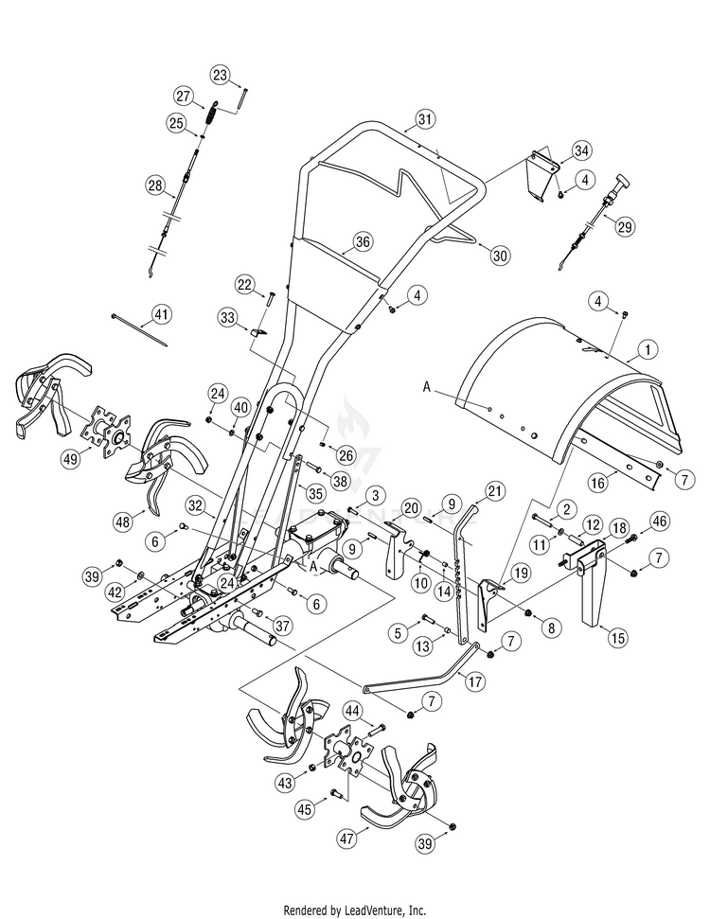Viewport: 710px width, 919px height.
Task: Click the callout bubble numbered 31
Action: tap(425, 119)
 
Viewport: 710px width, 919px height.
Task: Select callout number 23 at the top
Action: tap(220, 75)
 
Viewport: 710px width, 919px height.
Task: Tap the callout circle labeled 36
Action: tap(363, 241)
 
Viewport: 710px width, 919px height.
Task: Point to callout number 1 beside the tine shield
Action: tap(648, 350)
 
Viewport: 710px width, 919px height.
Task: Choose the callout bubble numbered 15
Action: tap(618, 637)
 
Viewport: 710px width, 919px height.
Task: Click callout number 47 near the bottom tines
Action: tap(347, 839)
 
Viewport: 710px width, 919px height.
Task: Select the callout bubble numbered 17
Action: tap(475, 681)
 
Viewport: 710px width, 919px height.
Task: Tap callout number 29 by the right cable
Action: tap(625, 226)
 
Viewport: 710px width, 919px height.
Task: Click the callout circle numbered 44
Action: tap(352, 712)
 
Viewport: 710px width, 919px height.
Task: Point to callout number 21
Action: tap(495, 490)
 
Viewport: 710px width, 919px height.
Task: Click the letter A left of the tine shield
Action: tap(427, 387)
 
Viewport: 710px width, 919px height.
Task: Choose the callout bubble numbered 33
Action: tap(227, 318)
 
